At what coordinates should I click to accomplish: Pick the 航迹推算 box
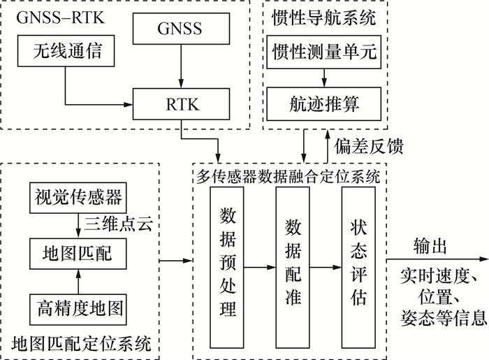324,105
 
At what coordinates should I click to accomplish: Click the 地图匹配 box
78,252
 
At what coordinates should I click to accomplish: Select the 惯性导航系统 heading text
324,15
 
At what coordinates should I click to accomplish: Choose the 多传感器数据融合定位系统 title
289,176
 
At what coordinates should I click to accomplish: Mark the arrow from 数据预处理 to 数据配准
260,266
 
